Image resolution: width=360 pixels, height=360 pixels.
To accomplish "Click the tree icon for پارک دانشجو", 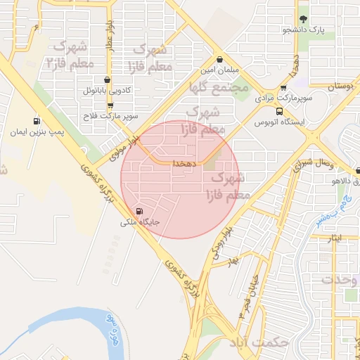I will (x=304, y=19).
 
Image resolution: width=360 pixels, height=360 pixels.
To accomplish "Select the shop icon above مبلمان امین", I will (x=221, y=60).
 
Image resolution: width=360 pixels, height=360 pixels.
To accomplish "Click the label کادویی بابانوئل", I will (x=106, y=91).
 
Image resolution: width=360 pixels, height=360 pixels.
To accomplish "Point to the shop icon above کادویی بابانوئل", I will (x=106, y=80).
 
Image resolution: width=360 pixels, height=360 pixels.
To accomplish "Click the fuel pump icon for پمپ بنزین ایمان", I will (x=37, y=121).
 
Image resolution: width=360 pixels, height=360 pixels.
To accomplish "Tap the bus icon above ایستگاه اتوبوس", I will (x=280, y=111).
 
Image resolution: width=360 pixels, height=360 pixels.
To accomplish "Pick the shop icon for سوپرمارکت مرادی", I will (x=283, y=88).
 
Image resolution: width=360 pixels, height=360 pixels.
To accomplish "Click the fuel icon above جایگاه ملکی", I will (x=139, y=211).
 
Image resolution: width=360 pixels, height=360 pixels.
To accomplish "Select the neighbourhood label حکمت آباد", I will (x=259, y=342).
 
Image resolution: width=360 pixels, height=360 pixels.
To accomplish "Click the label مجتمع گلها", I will (x=219, y=88).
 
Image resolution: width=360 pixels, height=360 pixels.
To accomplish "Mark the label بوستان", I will (x=340, y=86).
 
